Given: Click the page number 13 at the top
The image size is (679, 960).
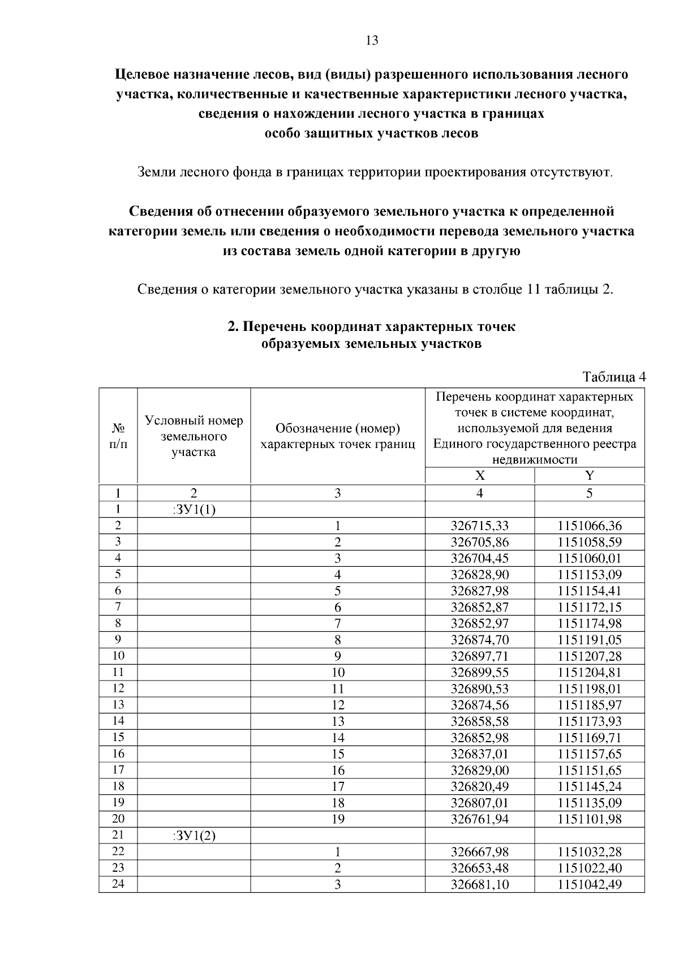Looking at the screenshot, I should tap(372, 41).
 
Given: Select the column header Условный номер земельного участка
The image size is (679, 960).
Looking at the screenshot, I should tap(194, 436).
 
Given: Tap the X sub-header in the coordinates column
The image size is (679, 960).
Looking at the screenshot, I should tap(479, 476).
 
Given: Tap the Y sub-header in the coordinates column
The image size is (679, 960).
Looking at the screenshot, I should tap(589, 476).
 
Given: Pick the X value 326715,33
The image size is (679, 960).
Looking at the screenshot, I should tap(479, 526).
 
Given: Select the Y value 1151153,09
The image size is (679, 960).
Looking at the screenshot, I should tap(589, 575).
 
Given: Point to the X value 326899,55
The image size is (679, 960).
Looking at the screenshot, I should tap(479, 673).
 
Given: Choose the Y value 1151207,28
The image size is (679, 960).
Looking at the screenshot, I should tap(589, 656).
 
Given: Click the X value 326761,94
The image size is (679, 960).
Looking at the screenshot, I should tap(479, 819).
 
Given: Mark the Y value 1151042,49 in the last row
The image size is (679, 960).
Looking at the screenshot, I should tap(589, 884).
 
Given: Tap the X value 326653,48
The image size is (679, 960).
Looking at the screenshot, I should tap(479, 868).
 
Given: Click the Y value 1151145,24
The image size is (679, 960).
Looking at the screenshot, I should tap(589, 786).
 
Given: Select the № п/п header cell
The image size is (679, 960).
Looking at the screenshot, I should tap(118, 436).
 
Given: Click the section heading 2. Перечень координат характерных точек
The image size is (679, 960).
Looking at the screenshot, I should tap(371, 327).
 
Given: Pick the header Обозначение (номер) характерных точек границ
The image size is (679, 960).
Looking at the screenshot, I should tap(337, 436).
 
